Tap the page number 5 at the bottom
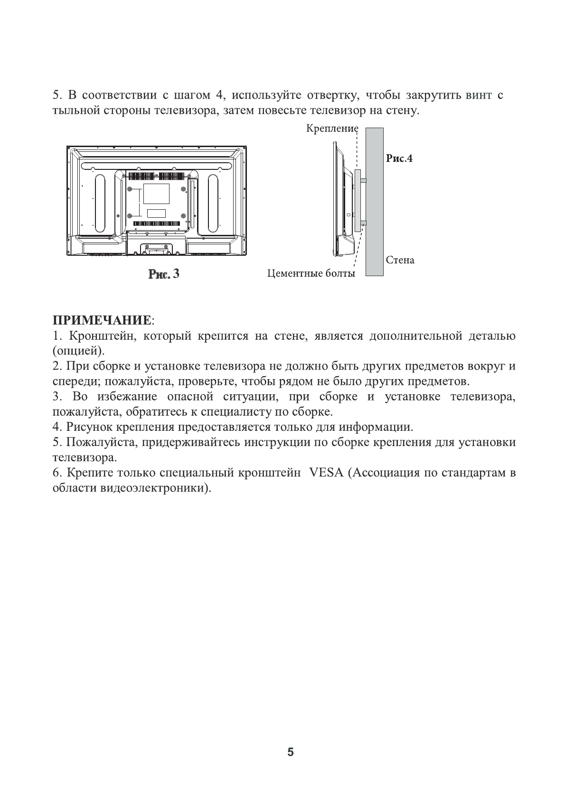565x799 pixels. coord(291,753)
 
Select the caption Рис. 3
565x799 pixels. coord(164,274)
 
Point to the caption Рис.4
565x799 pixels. coord(399,158)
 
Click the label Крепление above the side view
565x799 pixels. coord(332,129)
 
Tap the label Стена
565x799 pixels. coord(400,260)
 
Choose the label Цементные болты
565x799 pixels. coord(311,273)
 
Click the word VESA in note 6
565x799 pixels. coord(326,473)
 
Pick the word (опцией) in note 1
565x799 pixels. coord(77,352)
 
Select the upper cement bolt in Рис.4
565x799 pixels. coord(364,180)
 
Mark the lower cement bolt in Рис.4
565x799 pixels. coord(364,223)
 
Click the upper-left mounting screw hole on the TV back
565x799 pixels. coord(130,189)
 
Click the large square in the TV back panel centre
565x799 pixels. coord(157,195)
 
